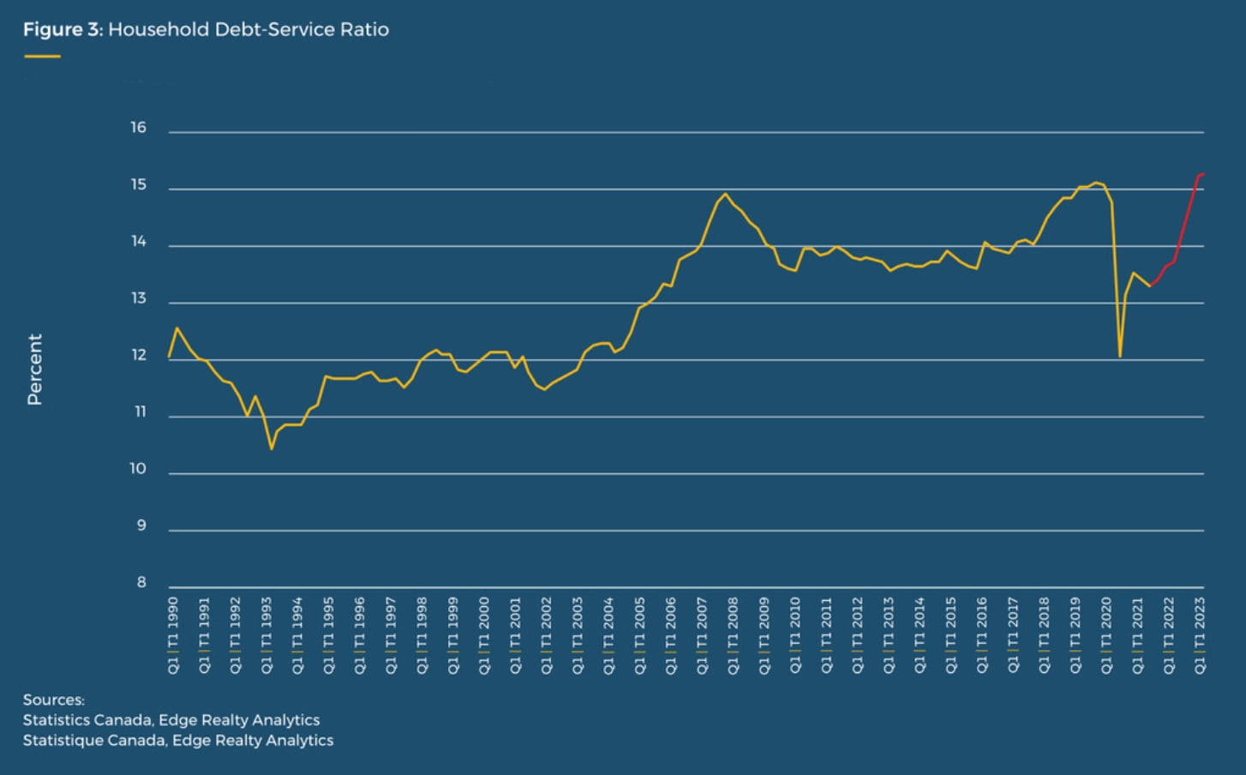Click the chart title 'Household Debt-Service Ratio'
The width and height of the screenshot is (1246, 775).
(x=249, y=29)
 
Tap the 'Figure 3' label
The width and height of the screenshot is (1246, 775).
(x=62, y=29)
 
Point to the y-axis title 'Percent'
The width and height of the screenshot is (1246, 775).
(x=34, y=369)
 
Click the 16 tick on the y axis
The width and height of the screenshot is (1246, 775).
(x=138, y=128)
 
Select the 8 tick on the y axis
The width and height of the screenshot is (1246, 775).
(x=141, y=583)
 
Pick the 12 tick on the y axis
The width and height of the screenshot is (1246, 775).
(x=138, y=356)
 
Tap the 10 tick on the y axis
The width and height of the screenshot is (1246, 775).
(x=138, y=469)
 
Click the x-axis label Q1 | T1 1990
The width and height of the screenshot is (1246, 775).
(x=173, y=634)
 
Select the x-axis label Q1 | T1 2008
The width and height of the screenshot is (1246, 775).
(x=733, y=634)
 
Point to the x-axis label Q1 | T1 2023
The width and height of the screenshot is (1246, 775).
(x=1200, y=634)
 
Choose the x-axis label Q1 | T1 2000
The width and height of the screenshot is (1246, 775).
(x=484, y=634)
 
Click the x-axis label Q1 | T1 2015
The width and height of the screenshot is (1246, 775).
(x=950, y=634)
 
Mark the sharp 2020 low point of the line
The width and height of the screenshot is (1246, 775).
(x=1120, y=356)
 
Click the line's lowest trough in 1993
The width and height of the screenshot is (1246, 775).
(x=272, y=448)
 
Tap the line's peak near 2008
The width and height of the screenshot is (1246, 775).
(x=726, y=194)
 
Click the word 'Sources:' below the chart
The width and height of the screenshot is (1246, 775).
(x=54, y=700)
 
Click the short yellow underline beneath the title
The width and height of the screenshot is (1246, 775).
(x=42, y=57)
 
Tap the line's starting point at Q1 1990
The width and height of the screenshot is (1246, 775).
(x=170, y=356)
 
